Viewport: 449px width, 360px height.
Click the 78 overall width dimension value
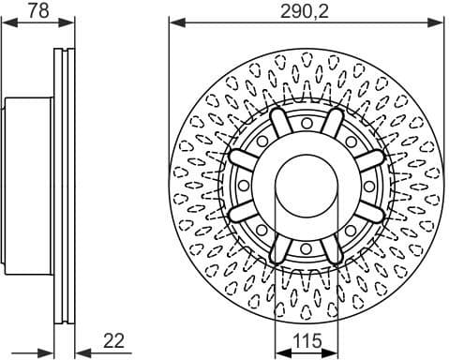pyautogui.click(x=37, y=10)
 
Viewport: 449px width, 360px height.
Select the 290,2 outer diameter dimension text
pyautogui.click(x=306, y=10)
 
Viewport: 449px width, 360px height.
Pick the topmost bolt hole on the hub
pyautogui.click(x=307, y=124)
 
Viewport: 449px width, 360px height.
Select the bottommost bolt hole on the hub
pyautogui.click(x=307, y=247)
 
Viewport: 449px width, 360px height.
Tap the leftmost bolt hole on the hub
pyautogui.click(x=245, y=186)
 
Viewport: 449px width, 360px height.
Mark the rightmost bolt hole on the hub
pyautogui.click(x=368, y=186)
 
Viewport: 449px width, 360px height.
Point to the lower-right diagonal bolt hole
pyautogui.click(x=351, y=230)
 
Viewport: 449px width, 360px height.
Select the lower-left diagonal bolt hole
pyautogui.click(x=262, y=230)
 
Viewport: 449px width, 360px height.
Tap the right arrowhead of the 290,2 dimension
pyautogui.click(x=439, y=21)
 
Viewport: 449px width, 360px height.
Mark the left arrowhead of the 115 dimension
pyautogui.click(x=277, y=350)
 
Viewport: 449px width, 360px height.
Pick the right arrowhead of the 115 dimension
pyautogui.click(x=336, y=350)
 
